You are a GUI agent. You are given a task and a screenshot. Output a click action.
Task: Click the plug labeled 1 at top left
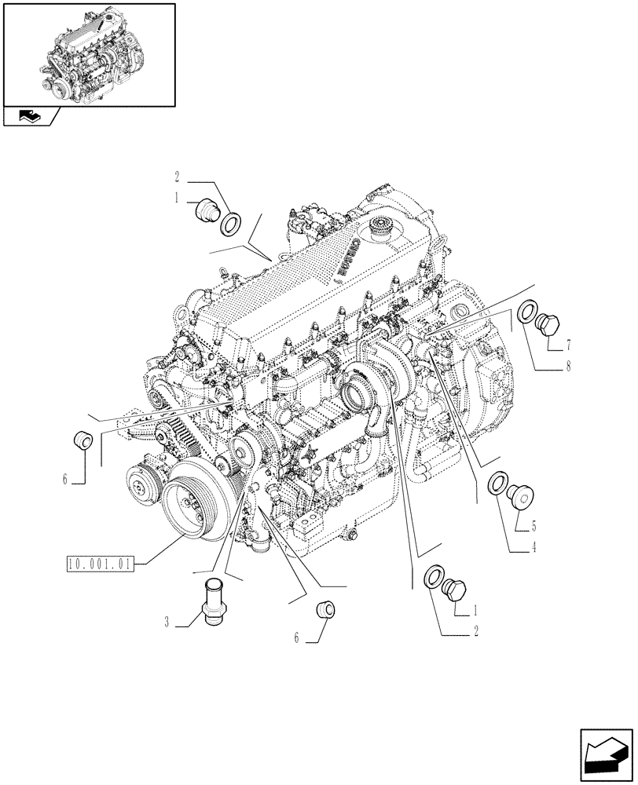click(x=207, y=212)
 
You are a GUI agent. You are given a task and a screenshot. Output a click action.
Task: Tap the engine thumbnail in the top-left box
click(x=89, y=53)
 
